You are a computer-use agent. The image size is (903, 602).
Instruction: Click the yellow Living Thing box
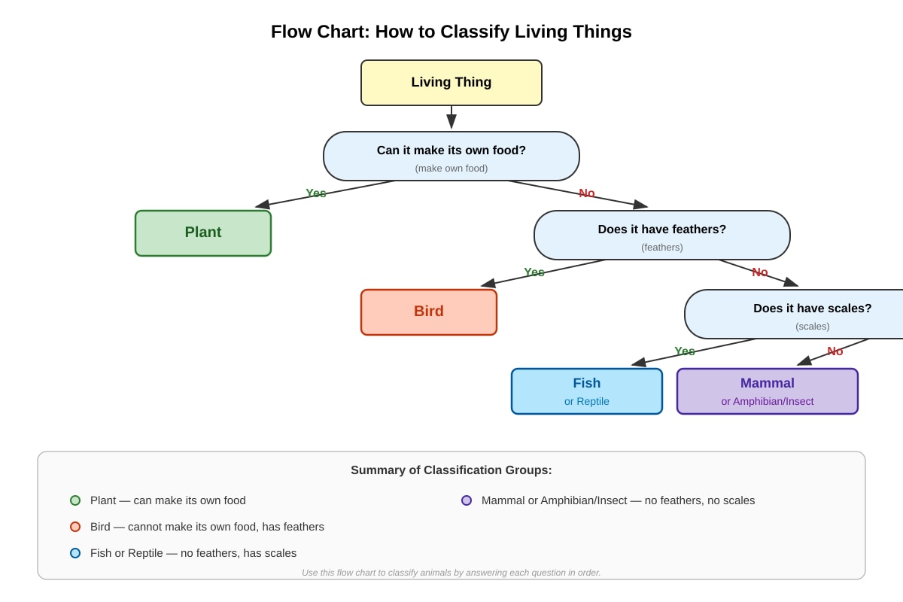point(451,83)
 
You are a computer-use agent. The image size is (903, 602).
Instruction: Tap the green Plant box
point(203,233)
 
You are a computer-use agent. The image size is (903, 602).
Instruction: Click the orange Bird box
point(428,312)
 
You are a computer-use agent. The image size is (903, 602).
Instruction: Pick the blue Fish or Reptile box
point(586,391)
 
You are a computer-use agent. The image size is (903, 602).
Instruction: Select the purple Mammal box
point(767,391)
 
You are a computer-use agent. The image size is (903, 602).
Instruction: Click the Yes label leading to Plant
point(315,193)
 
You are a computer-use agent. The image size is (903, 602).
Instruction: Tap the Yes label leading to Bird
point(534,272)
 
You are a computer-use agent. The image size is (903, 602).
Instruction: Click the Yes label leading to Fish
point(685,351)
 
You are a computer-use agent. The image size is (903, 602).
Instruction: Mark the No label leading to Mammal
point(835,351)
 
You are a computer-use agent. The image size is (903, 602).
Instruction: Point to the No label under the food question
point(586,193)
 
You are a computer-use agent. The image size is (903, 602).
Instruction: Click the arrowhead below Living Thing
point(451,121)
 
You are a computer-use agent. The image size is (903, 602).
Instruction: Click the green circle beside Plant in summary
point(75,500)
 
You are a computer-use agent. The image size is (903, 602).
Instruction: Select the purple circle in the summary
point(467,500)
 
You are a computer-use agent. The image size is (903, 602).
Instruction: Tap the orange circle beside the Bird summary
point(75,527)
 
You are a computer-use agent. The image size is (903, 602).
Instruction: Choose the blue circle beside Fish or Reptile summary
point(75,553)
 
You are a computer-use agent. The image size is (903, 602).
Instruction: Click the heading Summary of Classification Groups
point(451,470)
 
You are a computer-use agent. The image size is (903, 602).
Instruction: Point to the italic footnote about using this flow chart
point(451,573)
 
